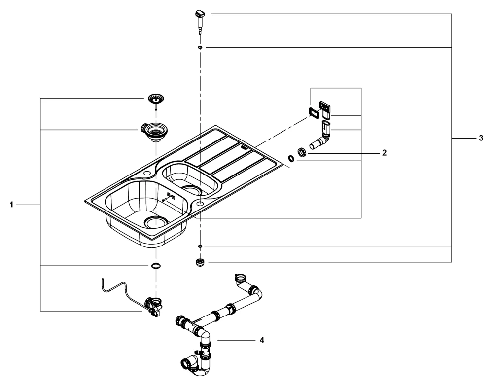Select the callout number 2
pyautogui.click(x=384, y=152)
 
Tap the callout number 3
pyautogui.click(x=481, y=139)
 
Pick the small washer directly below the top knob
pyautogui.click(x=200, y=47)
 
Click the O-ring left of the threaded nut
pyautogui.click(x=291, y=158)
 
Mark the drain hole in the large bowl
pyautogui.click(x=156, y=222)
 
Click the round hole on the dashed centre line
pyautogui.click(x=200, y=203)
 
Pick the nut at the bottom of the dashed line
pyautogui.click(x=200, y=262)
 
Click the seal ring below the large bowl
pyautogui.click(x=155, y=266)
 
